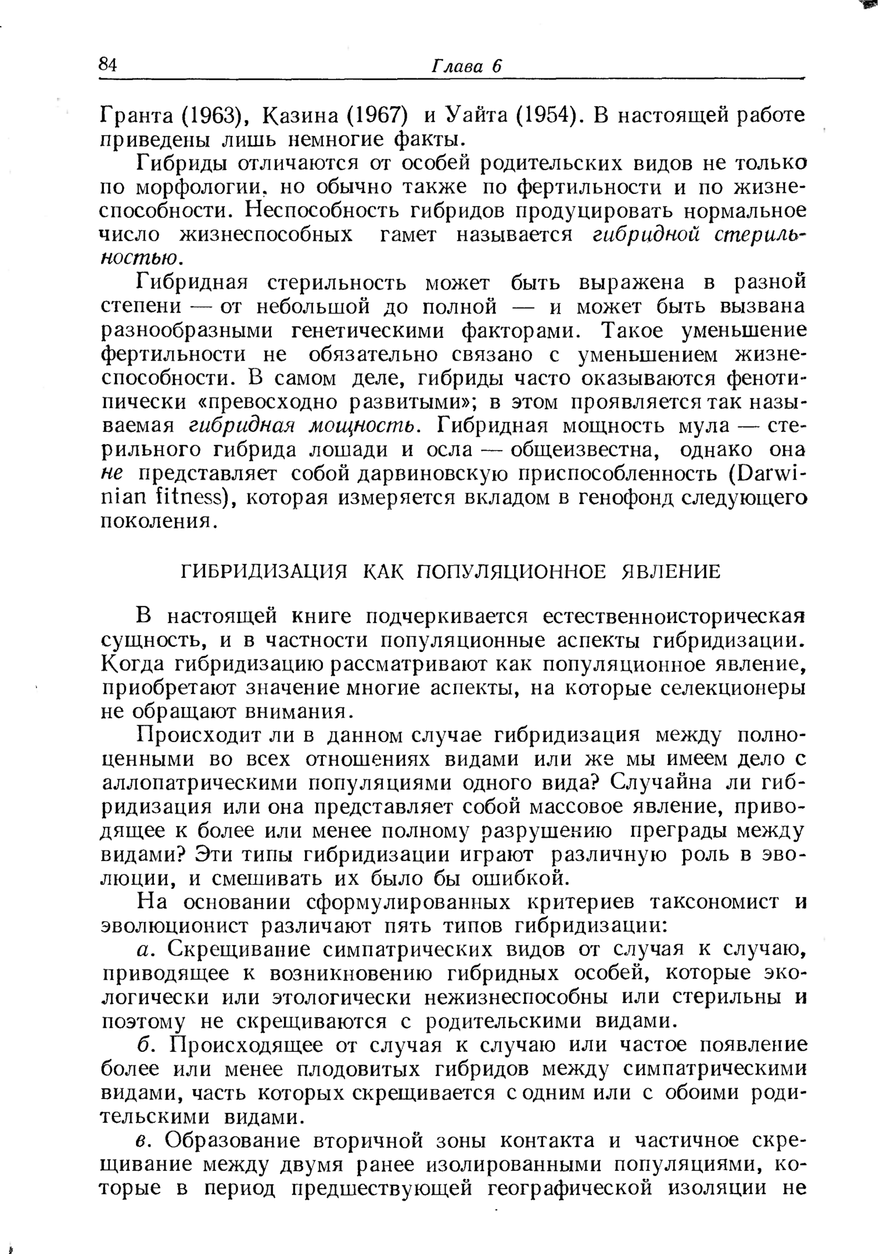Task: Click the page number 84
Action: click(108, 65)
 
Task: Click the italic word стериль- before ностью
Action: click(753, 235)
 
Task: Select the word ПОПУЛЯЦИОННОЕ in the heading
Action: click(512, 572)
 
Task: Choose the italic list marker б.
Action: click(145, 1046)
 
